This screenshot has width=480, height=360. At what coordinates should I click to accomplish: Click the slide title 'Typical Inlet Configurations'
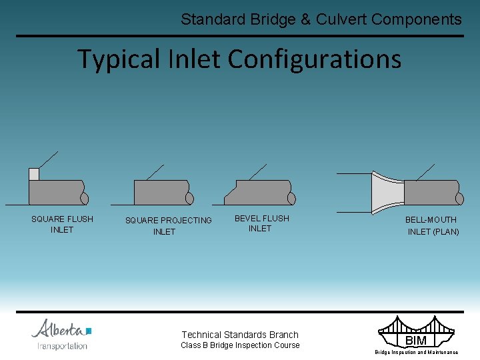pyautogui.click(x=239, y=59)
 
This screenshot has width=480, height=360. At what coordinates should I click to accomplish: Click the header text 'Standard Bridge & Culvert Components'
pyautogui.click(x=321, y=19)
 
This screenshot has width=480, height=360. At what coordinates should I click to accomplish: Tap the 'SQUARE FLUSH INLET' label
pyautogui.click(x=62, y=224)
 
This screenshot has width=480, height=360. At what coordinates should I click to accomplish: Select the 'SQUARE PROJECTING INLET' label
pyautogui.click(x=168, y=226)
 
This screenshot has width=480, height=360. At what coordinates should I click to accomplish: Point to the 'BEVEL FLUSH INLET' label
pyautogui.click(x=261, y=223)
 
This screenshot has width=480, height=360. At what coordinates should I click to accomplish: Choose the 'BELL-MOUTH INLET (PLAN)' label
pyautogui.click(x=433, y=225)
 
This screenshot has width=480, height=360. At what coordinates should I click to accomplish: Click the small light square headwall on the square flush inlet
pyautogui.click(x=34, y=174)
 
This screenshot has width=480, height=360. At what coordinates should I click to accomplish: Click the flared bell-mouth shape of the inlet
pyautogui.click(x=387, y=193)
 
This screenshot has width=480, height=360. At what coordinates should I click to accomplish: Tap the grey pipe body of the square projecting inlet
pyautogui.click(x=160, y=192)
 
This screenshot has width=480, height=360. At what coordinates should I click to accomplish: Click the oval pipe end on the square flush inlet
pyautogui.click(x=84, y=199)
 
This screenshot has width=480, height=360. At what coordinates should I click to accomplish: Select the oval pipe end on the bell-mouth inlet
pyautogui.click(x=459, y=199)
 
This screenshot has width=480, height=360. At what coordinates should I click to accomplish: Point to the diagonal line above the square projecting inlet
pyautogui.click(x=155, y=171)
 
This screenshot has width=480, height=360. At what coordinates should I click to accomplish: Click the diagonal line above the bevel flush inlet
pyautogui.click(x=257, y=171)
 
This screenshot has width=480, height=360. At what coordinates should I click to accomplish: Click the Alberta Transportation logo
pyautogui.click(x=62, y=334)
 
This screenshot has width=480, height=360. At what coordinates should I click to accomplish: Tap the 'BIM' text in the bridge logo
pyautogui.click(x=416, y=341)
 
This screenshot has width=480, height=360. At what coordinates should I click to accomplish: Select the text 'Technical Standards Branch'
pyautogui.click(x=240, y=335)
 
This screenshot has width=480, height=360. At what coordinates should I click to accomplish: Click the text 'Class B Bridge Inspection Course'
pyautogui.click(x=240, y=345)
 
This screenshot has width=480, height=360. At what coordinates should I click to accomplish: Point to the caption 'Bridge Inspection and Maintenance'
pyautogui.click(x=416, y=352)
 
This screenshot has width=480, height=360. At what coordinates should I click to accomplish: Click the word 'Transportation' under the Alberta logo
pyautogui.click(x=62, y=346)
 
